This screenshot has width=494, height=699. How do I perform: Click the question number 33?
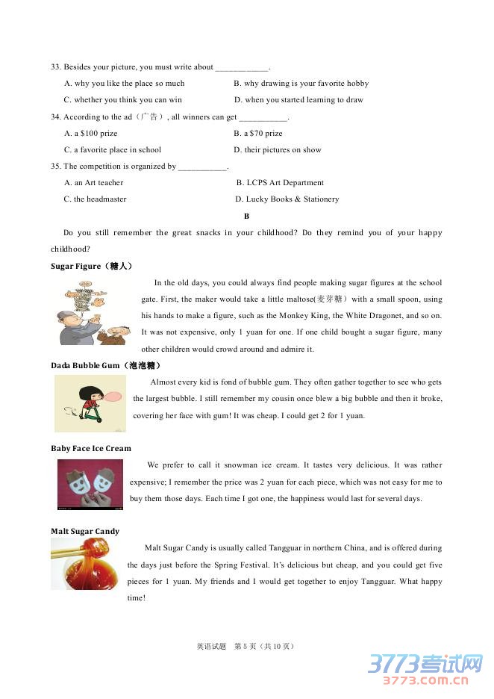pos(55,67)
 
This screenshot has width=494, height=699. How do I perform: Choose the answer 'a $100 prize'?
pos(91,134)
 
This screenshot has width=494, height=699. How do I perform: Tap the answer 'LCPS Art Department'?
pos(280,183)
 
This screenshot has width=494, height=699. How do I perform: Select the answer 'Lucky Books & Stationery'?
pos(287,199)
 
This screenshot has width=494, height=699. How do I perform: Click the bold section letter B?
pos(246,216)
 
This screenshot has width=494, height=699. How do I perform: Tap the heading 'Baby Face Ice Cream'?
pos(90,449)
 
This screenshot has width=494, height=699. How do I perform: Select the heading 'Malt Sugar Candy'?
pos(85,532)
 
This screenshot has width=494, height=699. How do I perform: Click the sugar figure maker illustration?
pos(93,312)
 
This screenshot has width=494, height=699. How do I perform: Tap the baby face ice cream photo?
pos(90,484)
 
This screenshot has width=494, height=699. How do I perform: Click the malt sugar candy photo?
pos(84,565)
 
